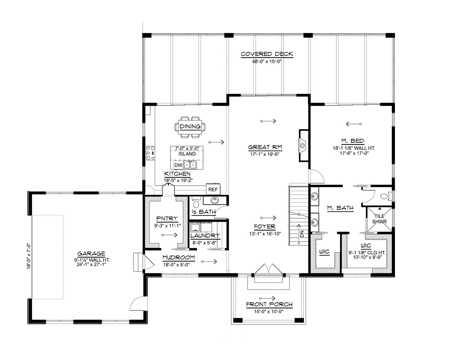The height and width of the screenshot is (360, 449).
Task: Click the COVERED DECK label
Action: tap(267, 54)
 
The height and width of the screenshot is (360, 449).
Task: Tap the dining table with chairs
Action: tap(190, 127)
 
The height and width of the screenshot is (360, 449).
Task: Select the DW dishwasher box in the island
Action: tap(178, 165)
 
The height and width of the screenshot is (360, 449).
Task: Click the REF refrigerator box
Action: tap(213, 189)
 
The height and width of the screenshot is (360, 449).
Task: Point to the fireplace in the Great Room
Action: tap(303, 145)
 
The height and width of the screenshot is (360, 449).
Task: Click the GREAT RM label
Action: tap(265, 147)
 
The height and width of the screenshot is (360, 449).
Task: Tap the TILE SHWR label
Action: tap(379, 219)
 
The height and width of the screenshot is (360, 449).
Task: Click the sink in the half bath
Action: tap(214, 200)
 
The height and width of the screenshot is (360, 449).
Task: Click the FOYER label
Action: tap(265, 227)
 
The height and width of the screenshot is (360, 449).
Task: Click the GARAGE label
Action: tap(91, 254)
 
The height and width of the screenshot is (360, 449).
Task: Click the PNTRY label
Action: tap(167, 219)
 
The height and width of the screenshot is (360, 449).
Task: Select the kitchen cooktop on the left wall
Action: tap(150, 153)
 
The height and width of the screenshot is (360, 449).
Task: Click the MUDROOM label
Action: tap(178, 257)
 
